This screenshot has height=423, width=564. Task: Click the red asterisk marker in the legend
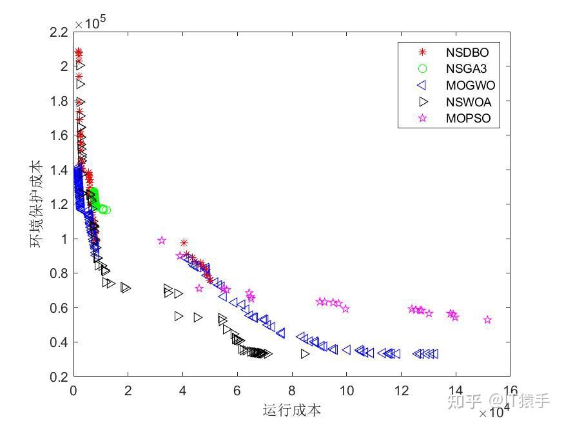(423, 52)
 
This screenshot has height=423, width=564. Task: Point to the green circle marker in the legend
(423, 68)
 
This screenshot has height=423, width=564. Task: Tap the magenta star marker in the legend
(423, 119)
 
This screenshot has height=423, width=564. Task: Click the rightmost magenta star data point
(488, 320)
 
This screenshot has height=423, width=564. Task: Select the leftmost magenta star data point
(162, 241)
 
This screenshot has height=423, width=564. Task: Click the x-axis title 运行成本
(292, 410)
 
